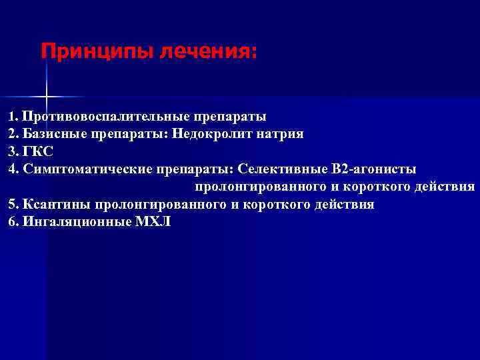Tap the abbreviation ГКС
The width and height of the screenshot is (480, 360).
pos(39,151)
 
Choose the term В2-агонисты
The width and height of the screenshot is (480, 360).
pos(375,169)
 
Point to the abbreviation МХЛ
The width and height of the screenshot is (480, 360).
pos(153,222)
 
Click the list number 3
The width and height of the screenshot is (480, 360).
pos(12,151)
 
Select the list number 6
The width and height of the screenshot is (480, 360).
pos(12,222)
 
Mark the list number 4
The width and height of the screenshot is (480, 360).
pos(12,169)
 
